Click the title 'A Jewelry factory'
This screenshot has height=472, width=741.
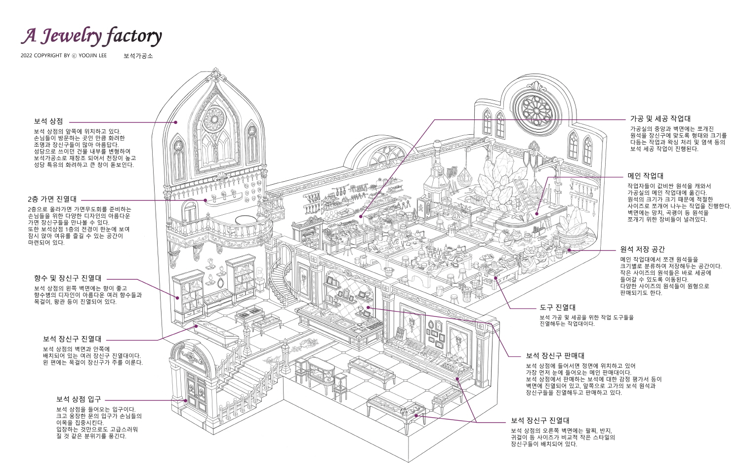(x=91, y=37)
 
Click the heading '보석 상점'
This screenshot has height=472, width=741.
(x=48, y=121)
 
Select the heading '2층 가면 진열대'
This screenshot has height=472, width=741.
(x=52, y=199)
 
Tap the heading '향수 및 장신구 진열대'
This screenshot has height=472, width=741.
(x=68, y=278)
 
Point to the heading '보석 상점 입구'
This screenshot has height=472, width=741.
(x=79, y=399)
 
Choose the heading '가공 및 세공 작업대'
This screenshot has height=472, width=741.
(x=660, y=118)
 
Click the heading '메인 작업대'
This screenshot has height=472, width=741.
(x=645, y=176)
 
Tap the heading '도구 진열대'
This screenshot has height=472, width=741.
(x=558, y=308)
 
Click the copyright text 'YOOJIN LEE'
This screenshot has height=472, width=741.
(x=93, y=55)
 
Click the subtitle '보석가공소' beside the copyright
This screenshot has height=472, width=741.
(x=138, y=56)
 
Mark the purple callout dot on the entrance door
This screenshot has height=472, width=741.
(x=186, y=400)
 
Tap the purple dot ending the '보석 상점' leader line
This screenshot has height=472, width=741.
(x=176, y=122)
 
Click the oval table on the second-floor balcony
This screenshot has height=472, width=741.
(x=247, y=220)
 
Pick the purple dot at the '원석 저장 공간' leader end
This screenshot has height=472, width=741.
(x=569, y=250)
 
